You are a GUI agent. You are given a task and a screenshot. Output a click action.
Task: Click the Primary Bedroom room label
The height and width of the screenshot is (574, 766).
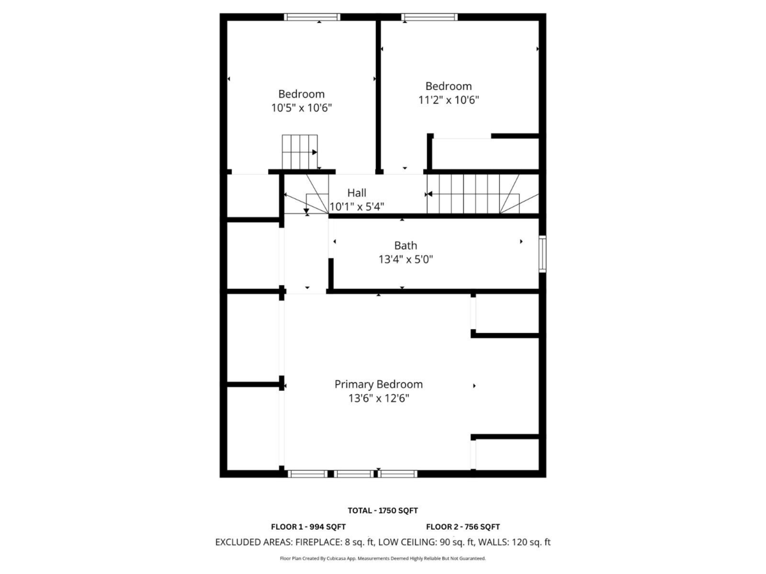point(379,384)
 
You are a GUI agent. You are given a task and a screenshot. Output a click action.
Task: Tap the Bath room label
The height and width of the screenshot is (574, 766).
point(405,246)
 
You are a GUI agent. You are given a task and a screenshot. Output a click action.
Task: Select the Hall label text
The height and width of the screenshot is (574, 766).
point(357,193)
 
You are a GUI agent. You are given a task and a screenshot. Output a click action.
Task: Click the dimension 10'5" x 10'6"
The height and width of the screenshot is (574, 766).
point(301,108)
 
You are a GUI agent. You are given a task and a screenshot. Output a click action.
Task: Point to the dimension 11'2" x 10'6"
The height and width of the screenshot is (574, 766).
point(449,99)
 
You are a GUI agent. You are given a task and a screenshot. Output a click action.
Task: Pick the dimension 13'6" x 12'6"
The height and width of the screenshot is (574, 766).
point(379,398)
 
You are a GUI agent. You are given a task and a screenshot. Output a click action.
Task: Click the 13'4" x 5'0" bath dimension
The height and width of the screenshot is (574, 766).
point(406,260)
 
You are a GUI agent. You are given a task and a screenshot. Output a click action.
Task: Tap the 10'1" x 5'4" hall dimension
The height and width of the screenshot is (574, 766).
point(357,207)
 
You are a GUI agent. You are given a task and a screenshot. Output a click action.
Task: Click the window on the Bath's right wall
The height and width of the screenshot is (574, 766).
point(543,254)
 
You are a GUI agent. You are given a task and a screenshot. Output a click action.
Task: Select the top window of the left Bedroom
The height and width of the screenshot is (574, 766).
point(312,17)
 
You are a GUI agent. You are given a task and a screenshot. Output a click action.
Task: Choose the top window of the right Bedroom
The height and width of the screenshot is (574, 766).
point(430,17)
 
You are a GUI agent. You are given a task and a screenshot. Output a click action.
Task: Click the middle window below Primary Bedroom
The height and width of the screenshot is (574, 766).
point(354,474)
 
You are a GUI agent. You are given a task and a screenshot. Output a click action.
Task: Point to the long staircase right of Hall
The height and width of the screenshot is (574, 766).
point(472,194)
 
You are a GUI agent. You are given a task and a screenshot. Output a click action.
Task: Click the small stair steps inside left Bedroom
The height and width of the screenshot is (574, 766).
point(299,152)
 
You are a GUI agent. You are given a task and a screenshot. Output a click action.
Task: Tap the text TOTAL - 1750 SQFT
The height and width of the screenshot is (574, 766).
point(382,510)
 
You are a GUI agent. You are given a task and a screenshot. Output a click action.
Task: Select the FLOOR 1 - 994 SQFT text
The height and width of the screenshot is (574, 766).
point(308,527)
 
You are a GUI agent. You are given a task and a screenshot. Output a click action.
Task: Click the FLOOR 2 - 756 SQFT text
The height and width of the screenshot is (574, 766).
point(463,527)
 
